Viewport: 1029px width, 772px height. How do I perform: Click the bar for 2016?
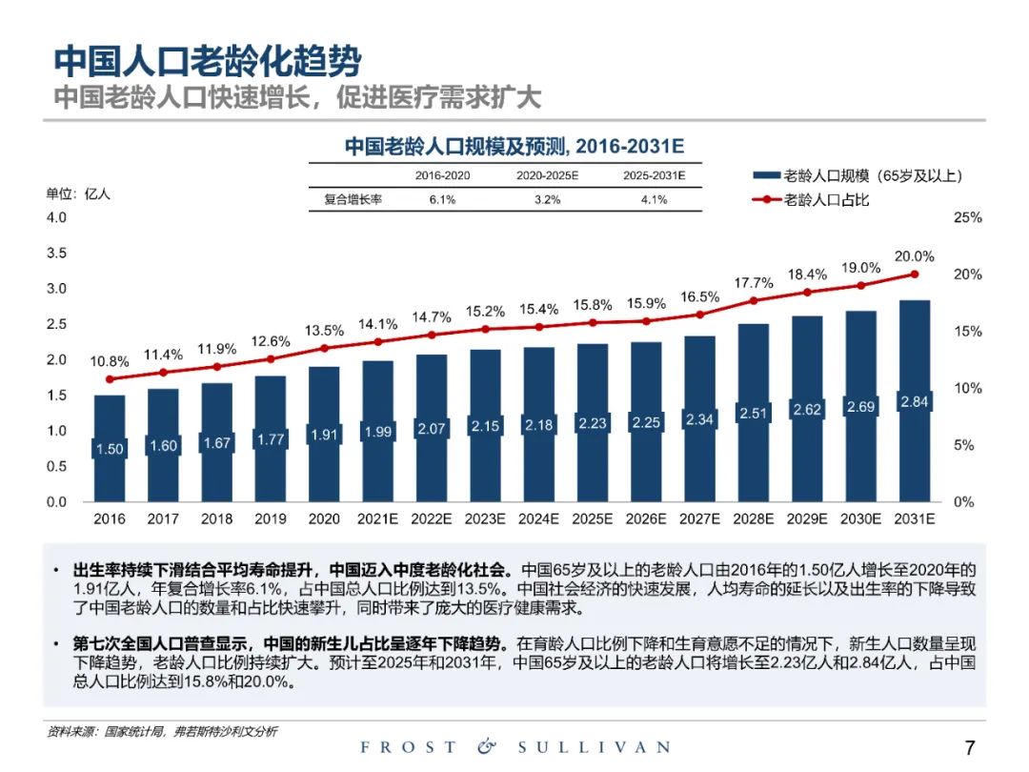(x=110, y=419)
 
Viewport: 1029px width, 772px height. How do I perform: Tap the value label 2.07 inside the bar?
(x=432, y=429)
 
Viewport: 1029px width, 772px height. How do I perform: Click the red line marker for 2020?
(x=324, y=349)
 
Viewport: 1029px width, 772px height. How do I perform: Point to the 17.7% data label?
(x=754, y=282)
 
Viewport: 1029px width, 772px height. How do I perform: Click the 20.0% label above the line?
(x=915, y=256)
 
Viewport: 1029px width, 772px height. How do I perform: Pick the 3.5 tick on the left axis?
(x=56, y=253)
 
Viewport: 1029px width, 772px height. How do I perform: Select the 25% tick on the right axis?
(x=967, y=217)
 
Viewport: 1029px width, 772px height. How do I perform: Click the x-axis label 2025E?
(x=593, y=519)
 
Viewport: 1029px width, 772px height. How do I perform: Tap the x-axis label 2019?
(x=271, y=519)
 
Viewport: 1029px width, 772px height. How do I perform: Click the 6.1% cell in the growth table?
(x=442, y=200)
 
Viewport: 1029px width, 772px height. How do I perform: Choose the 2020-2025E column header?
(x=547, y=175)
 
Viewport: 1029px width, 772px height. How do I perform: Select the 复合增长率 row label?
(x=353, y=200)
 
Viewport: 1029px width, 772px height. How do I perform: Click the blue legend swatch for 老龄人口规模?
(x=765, y=176)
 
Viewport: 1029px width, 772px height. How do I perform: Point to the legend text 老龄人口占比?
(x=826, y=200)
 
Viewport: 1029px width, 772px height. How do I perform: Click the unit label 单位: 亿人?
(x=78, y=193)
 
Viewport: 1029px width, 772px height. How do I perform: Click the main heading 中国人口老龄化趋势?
(x=207, y=62)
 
